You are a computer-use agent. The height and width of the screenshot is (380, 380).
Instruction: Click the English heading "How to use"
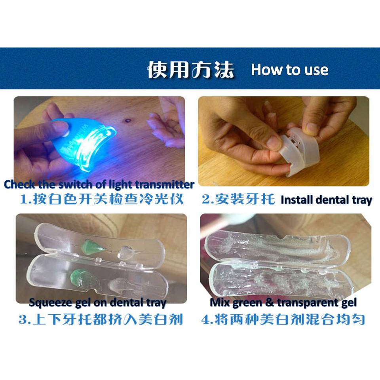pos(290,70)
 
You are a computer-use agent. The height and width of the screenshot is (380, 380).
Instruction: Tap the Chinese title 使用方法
pos(191,70)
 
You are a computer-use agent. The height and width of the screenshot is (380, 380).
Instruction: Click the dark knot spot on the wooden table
pos(127,120)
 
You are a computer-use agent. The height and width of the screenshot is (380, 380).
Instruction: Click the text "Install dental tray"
pos(326,200)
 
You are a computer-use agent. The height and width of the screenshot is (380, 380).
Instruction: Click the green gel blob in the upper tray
pos(93,247)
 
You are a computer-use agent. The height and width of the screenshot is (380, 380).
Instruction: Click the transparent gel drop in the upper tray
pos(126,253)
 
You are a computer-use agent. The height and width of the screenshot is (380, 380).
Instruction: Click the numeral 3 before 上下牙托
pos(23,319)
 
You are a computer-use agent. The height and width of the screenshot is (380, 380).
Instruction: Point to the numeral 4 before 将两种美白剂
pos(205,319)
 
